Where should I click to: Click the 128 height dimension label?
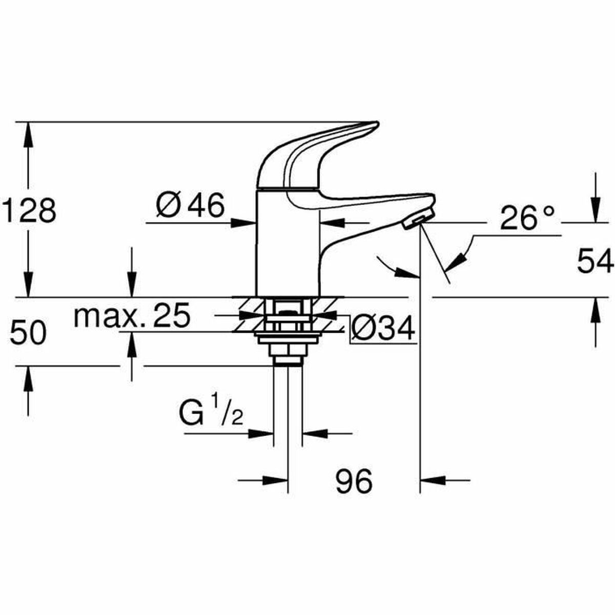29,211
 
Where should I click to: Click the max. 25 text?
132,316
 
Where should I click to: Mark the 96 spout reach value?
354,481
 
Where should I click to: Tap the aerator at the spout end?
416,221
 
